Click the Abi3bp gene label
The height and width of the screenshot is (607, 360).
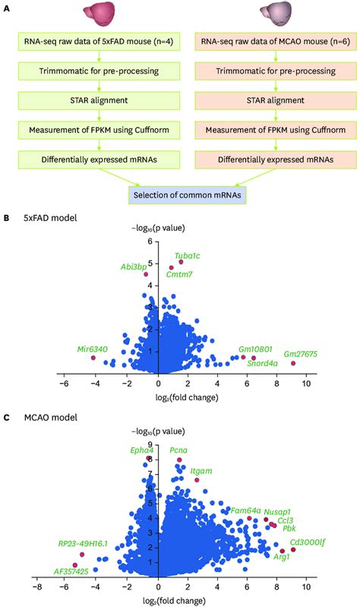click(133, 267)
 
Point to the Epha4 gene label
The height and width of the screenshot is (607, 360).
click(142, 450)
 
